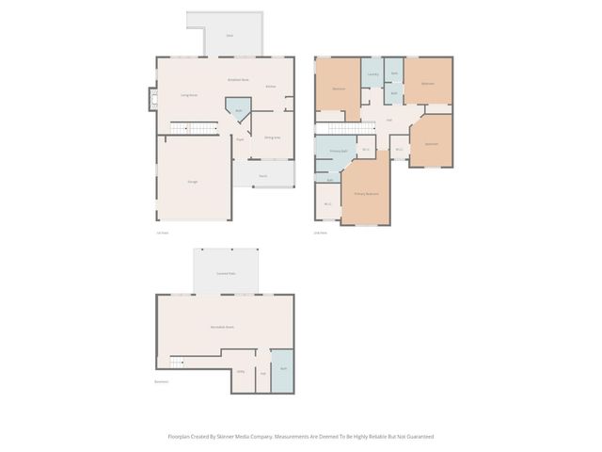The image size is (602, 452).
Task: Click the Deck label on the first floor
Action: coord(230,35)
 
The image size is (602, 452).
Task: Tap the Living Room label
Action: coord(188,95)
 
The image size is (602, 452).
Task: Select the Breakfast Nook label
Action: coord(238,80)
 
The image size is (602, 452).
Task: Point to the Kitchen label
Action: coord(270,87)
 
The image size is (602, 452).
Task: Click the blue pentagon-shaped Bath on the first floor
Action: coord(239,114)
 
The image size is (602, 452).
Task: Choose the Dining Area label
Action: coord(273,138)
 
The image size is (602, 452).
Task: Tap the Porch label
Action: coord(262,175)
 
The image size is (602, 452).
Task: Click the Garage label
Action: coord(192,181)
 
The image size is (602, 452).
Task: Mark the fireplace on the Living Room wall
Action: coord(153,99)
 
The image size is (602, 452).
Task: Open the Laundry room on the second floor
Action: coord(372,74)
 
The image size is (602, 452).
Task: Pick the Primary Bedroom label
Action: coord(367,193)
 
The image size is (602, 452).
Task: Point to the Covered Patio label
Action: coord(226,273)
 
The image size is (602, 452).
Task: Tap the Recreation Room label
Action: coord(223,327)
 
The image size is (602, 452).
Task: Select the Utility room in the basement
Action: coord(241,372)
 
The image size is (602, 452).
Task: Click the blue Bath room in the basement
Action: coord(282,369)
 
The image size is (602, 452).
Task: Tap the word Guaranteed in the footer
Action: coord(419,437)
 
